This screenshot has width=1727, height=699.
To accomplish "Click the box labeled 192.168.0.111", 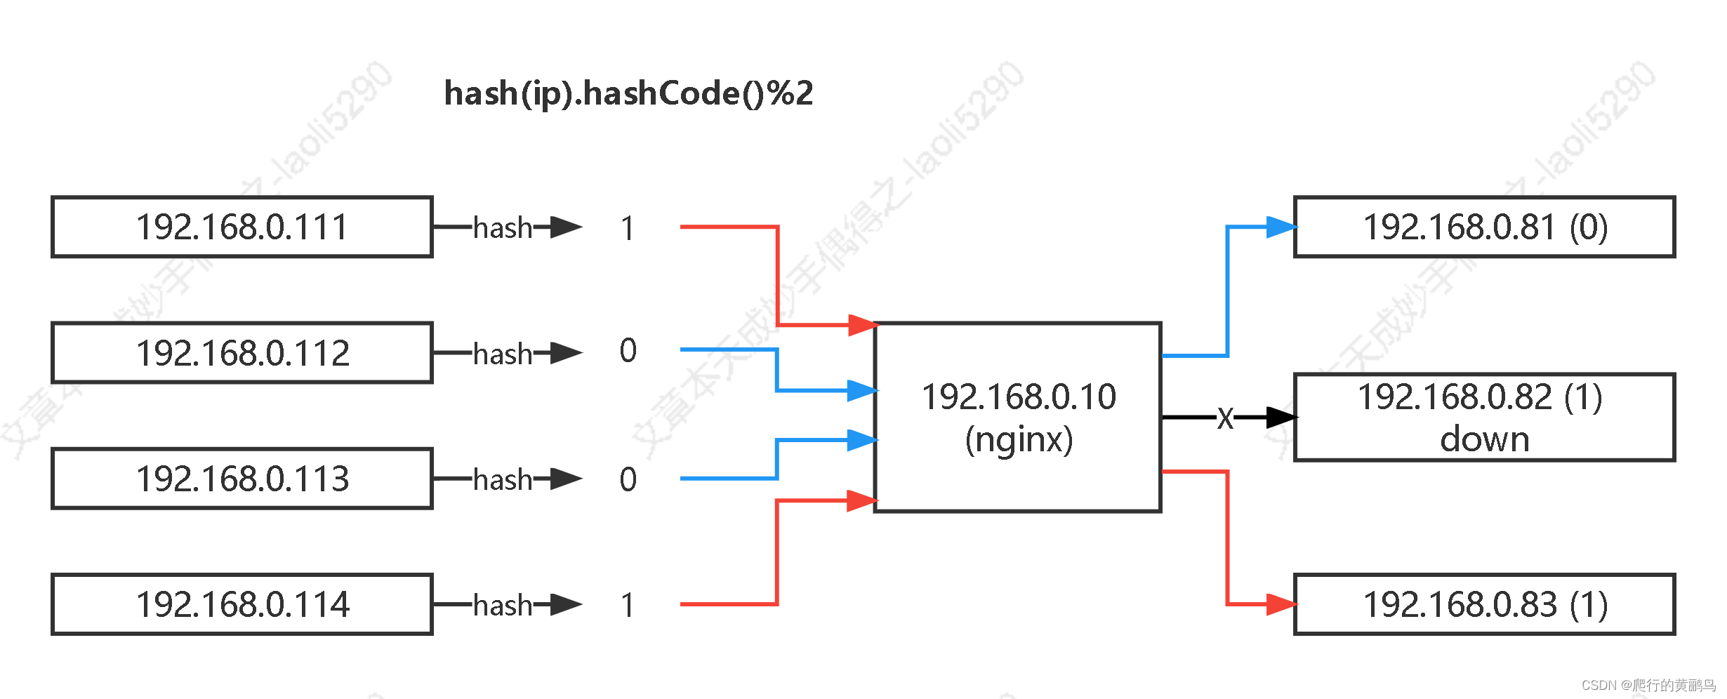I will point(241,227).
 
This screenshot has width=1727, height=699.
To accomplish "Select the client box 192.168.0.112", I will point(241,353).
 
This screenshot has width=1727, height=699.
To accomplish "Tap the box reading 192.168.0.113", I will point(241,479).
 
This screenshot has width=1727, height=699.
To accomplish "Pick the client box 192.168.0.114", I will point(241,604).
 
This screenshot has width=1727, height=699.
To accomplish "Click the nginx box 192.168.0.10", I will point(1018,418).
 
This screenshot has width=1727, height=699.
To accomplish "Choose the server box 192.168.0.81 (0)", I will point(1484,227).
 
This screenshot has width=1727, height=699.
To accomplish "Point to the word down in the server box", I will point(1484,440).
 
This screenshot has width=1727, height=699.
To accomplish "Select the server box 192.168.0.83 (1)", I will point(1484,604).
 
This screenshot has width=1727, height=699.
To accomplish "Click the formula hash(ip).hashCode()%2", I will point(628,93).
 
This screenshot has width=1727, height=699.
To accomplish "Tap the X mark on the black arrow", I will point(1225,418).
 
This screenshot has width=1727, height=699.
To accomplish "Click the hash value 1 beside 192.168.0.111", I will point(628,229).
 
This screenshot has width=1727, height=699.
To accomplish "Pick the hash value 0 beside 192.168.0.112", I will point(628,350).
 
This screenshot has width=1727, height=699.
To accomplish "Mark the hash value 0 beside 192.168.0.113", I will point(628,480).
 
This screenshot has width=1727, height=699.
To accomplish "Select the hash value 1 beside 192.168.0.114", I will point(628,605).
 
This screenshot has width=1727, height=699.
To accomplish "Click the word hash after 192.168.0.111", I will point(503,228).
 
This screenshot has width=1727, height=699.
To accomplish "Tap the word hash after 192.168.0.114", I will point(503,605).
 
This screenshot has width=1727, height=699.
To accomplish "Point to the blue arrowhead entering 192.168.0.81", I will point(1281,227).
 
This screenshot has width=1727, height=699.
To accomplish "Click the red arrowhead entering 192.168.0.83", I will point(1281,604).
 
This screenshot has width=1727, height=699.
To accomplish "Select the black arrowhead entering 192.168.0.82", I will point(1281,418).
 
